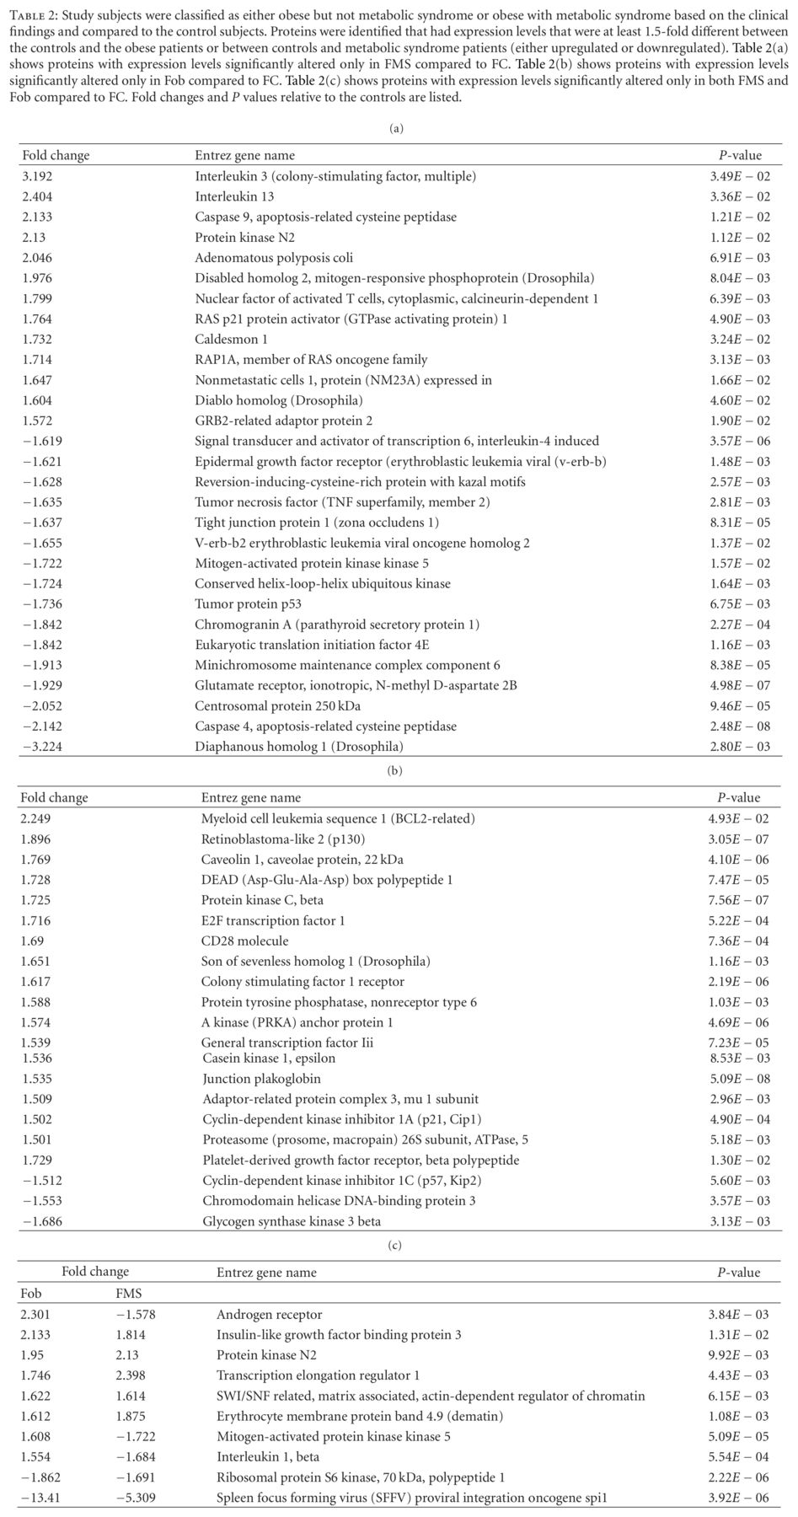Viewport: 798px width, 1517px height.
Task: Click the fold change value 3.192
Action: coord(37,176)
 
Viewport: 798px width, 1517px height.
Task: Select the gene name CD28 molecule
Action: coord(244,941)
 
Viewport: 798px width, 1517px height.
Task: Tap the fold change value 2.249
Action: coord(37,818)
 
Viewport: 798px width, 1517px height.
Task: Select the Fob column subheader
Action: coord(31,1294)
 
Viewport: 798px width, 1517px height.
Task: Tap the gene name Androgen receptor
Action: coord(269,1315)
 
